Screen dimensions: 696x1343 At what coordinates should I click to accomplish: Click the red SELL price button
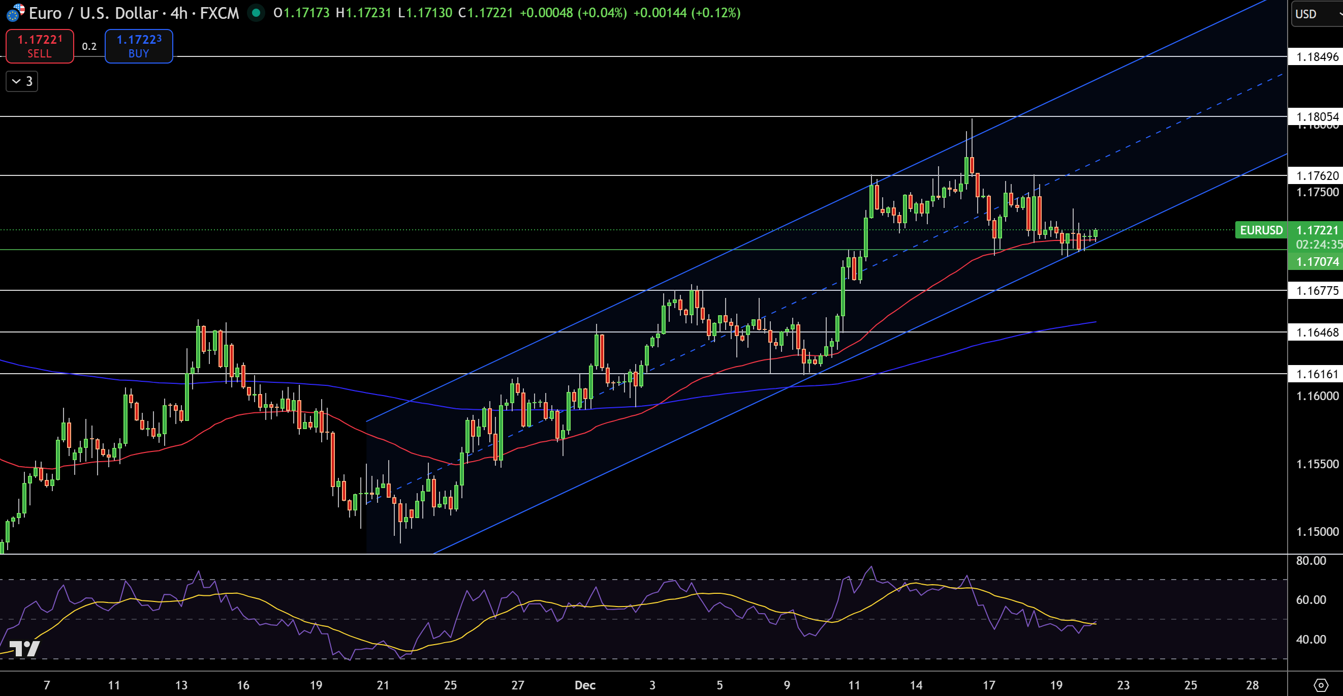point(40,46)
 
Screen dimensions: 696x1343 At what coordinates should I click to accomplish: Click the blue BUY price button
point(139,46)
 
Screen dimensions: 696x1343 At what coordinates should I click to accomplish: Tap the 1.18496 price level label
point(1317,57)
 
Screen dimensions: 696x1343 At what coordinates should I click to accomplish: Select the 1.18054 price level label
point(1317,116)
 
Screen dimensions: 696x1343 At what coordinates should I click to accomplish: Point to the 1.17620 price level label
point(1317,176)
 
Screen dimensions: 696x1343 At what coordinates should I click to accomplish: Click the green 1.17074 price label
point(1317,261)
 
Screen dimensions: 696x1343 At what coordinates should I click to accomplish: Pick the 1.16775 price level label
point(1317,291)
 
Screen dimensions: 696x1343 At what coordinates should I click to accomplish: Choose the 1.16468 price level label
point(1317,332)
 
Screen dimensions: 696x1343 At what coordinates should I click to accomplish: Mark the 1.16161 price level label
point(1317,374)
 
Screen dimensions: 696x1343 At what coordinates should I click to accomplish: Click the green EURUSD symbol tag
point(1261,230)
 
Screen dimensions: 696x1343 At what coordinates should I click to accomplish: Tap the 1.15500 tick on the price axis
point(1317,464)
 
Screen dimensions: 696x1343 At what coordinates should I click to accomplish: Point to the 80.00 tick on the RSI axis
point(1310,561)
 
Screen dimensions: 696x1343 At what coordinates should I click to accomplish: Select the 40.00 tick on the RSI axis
point(1310,639)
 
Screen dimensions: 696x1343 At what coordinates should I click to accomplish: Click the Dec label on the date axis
point(584,685)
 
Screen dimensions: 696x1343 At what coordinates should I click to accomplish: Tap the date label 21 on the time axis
point(383,685)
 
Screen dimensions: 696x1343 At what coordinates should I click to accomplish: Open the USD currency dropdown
point(1315,14)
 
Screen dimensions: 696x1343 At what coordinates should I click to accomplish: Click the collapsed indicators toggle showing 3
point(22,81)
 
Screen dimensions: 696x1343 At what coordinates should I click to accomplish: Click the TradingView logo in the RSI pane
point(24,649)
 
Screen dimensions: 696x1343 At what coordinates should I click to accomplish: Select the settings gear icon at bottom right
point(1321,684)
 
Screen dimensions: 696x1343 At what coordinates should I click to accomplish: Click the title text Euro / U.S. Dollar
point(94,13)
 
